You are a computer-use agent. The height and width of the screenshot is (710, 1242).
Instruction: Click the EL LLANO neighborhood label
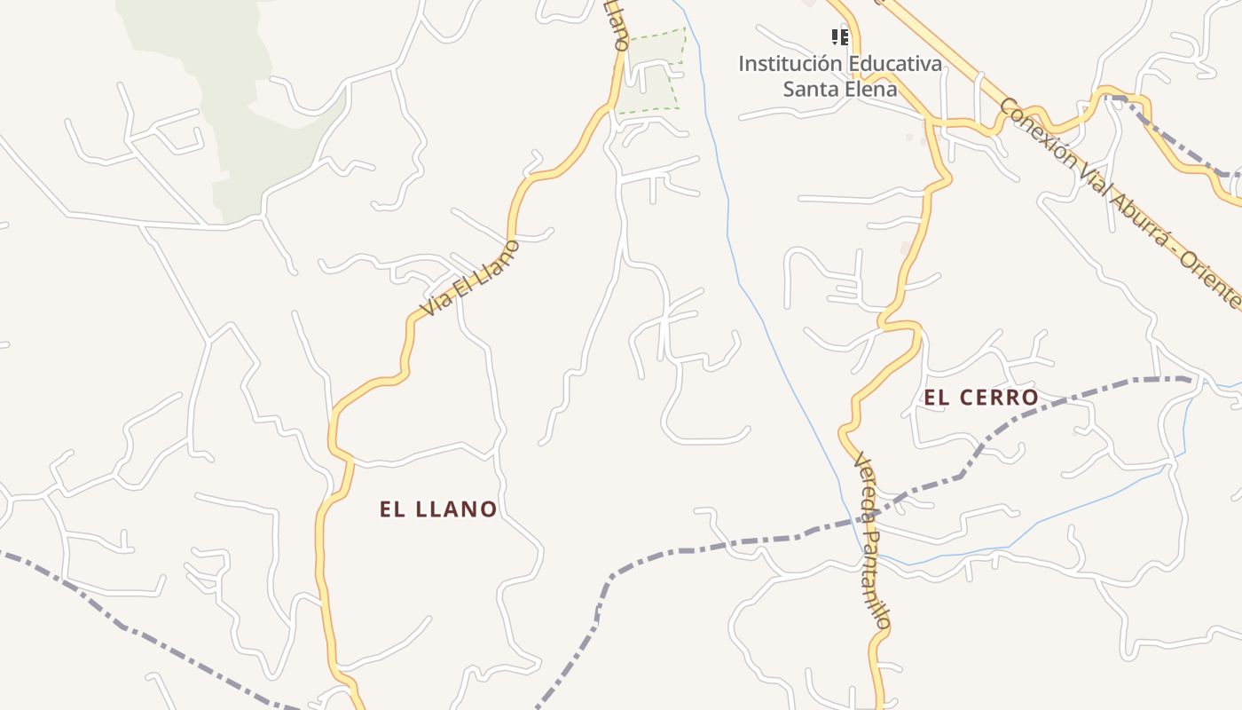[438, 509]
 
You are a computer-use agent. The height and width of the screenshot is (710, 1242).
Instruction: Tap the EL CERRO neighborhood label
[981, 398]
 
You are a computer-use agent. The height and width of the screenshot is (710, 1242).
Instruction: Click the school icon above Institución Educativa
[839, 37]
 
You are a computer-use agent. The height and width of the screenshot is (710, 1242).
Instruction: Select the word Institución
[790, 64]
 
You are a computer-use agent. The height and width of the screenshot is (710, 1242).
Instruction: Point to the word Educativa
[894, 64]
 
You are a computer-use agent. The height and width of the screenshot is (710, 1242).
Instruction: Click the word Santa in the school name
[808, 89]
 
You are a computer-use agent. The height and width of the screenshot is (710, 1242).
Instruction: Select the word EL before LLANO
[392, 509]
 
